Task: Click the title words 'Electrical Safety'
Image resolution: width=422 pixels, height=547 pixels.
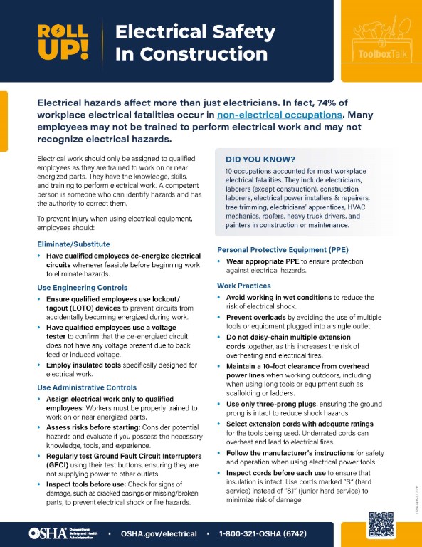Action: click(195, 31)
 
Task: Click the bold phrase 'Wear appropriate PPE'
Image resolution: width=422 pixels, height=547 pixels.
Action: click(263, 261)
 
